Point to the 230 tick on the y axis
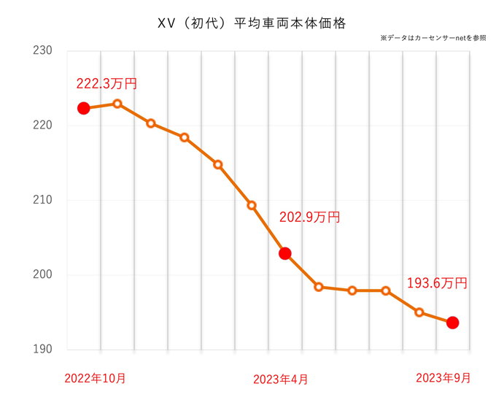(42, 50)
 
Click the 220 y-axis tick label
(42, 126)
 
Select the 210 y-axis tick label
(42, 200)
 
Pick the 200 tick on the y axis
(42, 275)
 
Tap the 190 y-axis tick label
(42, 350)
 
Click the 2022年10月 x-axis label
(95, 379)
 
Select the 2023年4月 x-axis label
(280, 380)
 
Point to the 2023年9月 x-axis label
(443, 378)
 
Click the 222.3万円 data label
(106, 84)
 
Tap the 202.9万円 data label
(309, 218)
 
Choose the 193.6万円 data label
(437, 283)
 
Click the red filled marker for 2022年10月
(83, 108)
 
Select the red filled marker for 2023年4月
(285, 253)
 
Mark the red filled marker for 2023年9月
(452, 323)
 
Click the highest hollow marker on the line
(117, 104)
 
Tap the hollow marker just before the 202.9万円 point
(252, 205)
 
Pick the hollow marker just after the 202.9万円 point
(319, 287)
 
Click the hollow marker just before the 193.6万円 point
(419, 312)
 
